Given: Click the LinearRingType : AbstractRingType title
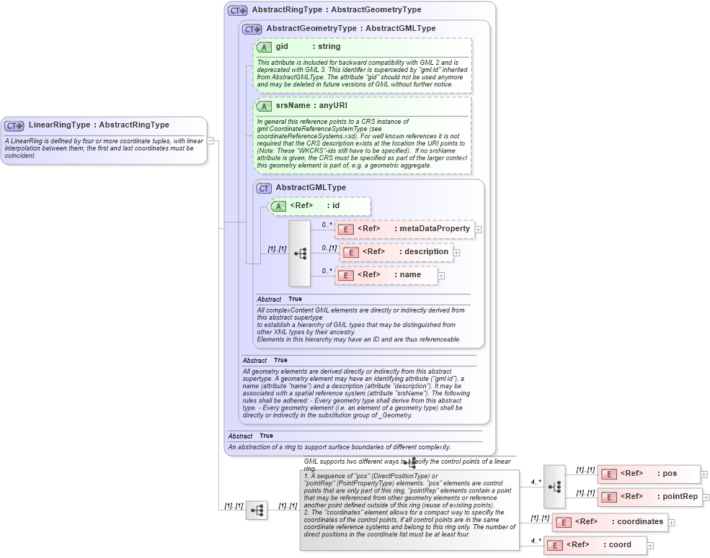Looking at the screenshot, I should pyautogui.click(x=99, y=125).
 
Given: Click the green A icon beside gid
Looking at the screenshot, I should pyautogui.click(x=265, y=48).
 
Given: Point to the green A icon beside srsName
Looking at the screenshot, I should pyautogui.click(x=265, y=107).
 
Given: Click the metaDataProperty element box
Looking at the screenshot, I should pyautogui.click(x=404, y=229).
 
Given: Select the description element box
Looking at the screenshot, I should pyautogui.click(x=396, y=252).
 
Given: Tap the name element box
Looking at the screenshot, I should pyautogui.click(x=386, y=275).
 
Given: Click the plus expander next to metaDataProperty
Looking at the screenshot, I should pyautogui.click(x=478, y=230).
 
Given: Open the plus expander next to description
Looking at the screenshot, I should pyautogui.click(x=456, y=253).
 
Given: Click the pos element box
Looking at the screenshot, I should pyautogui.click(x=649, y=474).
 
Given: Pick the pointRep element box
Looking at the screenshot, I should pyautogui.click(x=649, y=497).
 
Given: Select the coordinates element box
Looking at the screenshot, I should pyautogui.click(x=610, y=522).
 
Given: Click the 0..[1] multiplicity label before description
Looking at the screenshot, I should pyautogui.click(x=329, y=248).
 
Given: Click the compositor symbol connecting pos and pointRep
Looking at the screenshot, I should pyautogui.click(x=554, y=486).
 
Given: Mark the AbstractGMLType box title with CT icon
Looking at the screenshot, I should pyautogui.click(x=311, y=188).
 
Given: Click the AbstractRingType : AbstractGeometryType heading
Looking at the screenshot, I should pyautogui.click(x=336, y=10).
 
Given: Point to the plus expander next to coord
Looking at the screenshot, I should pyautogui.click(x=650, y=546).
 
